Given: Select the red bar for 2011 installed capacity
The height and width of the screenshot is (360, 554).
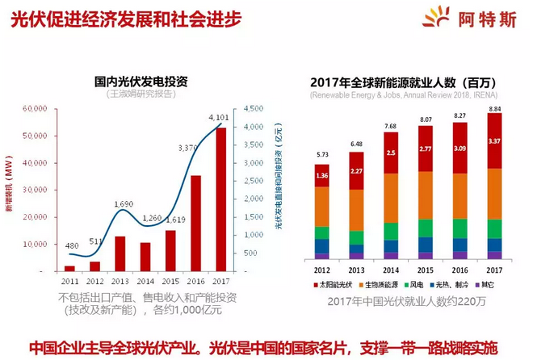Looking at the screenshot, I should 69,267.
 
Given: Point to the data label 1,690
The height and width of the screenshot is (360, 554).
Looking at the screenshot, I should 124,205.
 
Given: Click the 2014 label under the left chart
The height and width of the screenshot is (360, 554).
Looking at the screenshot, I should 145,281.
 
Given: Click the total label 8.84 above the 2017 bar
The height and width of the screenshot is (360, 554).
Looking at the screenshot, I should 494,108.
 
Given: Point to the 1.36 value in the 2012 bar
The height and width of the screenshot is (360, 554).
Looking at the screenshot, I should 322,176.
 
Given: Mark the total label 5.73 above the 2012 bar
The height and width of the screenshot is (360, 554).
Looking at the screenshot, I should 322,154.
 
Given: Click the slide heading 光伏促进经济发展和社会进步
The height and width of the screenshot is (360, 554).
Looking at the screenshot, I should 125,20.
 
